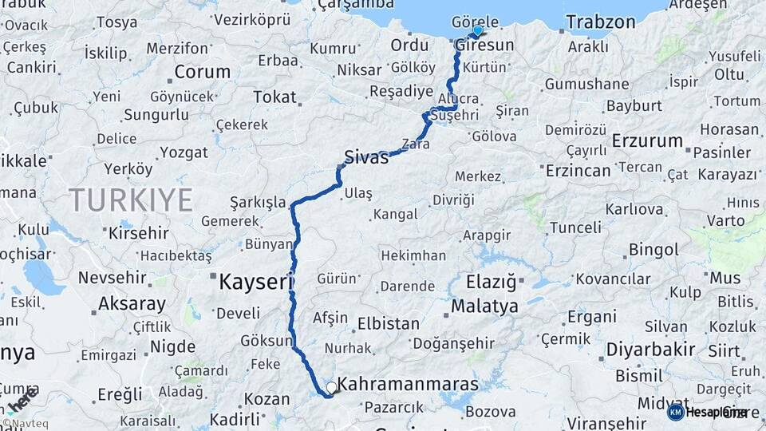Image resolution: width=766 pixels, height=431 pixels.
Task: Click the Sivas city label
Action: click(366, 156)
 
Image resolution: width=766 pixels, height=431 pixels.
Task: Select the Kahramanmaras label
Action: click(408, 384)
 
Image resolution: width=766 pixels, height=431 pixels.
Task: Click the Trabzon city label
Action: click(601, 22)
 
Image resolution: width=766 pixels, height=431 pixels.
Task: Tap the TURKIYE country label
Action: click(131, 199)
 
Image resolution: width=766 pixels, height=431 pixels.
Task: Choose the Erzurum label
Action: click(647, 141)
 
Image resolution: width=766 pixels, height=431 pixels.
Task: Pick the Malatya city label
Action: click(484, 306)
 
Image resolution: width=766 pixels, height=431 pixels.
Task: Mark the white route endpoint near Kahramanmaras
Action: click(331, 387)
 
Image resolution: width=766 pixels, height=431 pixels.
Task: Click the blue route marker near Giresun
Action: click(477, 30)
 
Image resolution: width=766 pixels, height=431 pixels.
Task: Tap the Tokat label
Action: click(274, 97)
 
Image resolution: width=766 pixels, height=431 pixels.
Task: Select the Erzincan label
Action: click(578, 170)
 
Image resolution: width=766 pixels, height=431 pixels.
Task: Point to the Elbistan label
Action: click(388, 324)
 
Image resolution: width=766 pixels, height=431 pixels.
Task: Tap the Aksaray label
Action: click(132, 304)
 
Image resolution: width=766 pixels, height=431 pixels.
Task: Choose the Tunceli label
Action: click(574, 227)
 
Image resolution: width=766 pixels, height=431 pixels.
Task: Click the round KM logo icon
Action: click(675, 412)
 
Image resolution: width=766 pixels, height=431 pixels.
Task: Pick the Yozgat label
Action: click(185, 152)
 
